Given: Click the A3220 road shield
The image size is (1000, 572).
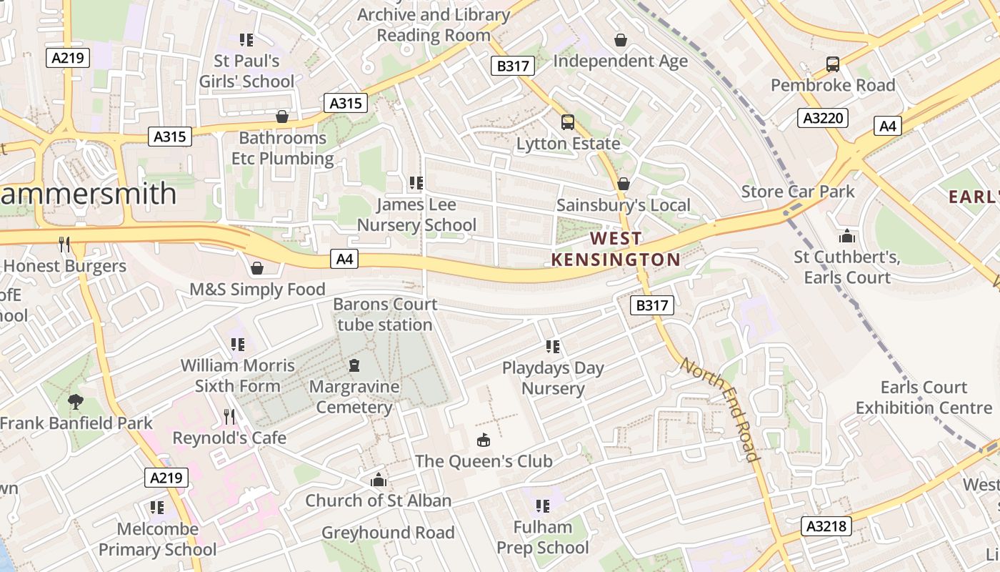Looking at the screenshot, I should (822, 118).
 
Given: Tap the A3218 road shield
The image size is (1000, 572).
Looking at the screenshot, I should (827, 527).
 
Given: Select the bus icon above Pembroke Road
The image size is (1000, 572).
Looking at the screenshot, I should (833, 64).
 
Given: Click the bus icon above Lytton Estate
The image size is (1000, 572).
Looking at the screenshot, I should (568, 122).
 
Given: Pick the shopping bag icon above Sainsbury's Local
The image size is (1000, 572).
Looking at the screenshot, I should (624, 184).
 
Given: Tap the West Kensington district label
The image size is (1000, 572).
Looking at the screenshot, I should (615, 249).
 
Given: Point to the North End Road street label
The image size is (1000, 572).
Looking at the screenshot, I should (719, 409).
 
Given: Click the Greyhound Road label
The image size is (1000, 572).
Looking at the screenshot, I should (388, 533).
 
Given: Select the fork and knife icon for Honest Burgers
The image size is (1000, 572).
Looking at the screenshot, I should (64, 245).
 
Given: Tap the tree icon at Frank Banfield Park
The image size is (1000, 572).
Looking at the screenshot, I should (75, 402).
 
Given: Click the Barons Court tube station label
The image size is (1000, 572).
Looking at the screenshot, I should (385, 315).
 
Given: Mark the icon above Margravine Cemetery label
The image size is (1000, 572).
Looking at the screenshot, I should (354, 366).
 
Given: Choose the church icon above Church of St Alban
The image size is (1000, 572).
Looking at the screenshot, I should (379, 480).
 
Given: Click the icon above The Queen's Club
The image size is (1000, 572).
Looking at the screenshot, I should (484, 440).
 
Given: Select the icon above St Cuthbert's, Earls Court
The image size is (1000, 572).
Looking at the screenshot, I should (847, 236).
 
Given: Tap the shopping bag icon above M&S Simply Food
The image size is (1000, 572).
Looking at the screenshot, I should (257, 268).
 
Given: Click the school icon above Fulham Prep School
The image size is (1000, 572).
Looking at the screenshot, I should (543, 506).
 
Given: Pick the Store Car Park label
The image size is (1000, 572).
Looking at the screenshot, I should (798, 192).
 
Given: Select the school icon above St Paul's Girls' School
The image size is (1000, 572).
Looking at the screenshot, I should (246, 40).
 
